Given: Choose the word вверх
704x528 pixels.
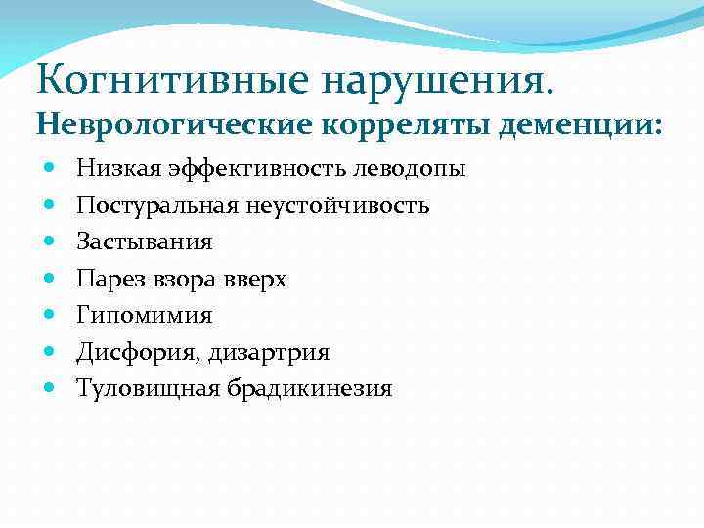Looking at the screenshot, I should tap(253, 279).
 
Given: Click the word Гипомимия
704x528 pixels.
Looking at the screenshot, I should tap(144, 315).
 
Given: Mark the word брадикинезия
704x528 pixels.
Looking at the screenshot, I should tap(310, 388).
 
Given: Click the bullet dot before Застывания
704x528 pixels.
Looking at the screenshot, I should tap(50, 241).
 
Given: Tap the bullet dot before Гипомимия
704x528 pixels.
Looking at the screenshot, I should tap(50, 314).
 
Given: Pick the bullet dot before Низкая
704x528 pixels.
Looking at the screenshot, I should tap(50, 168).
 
